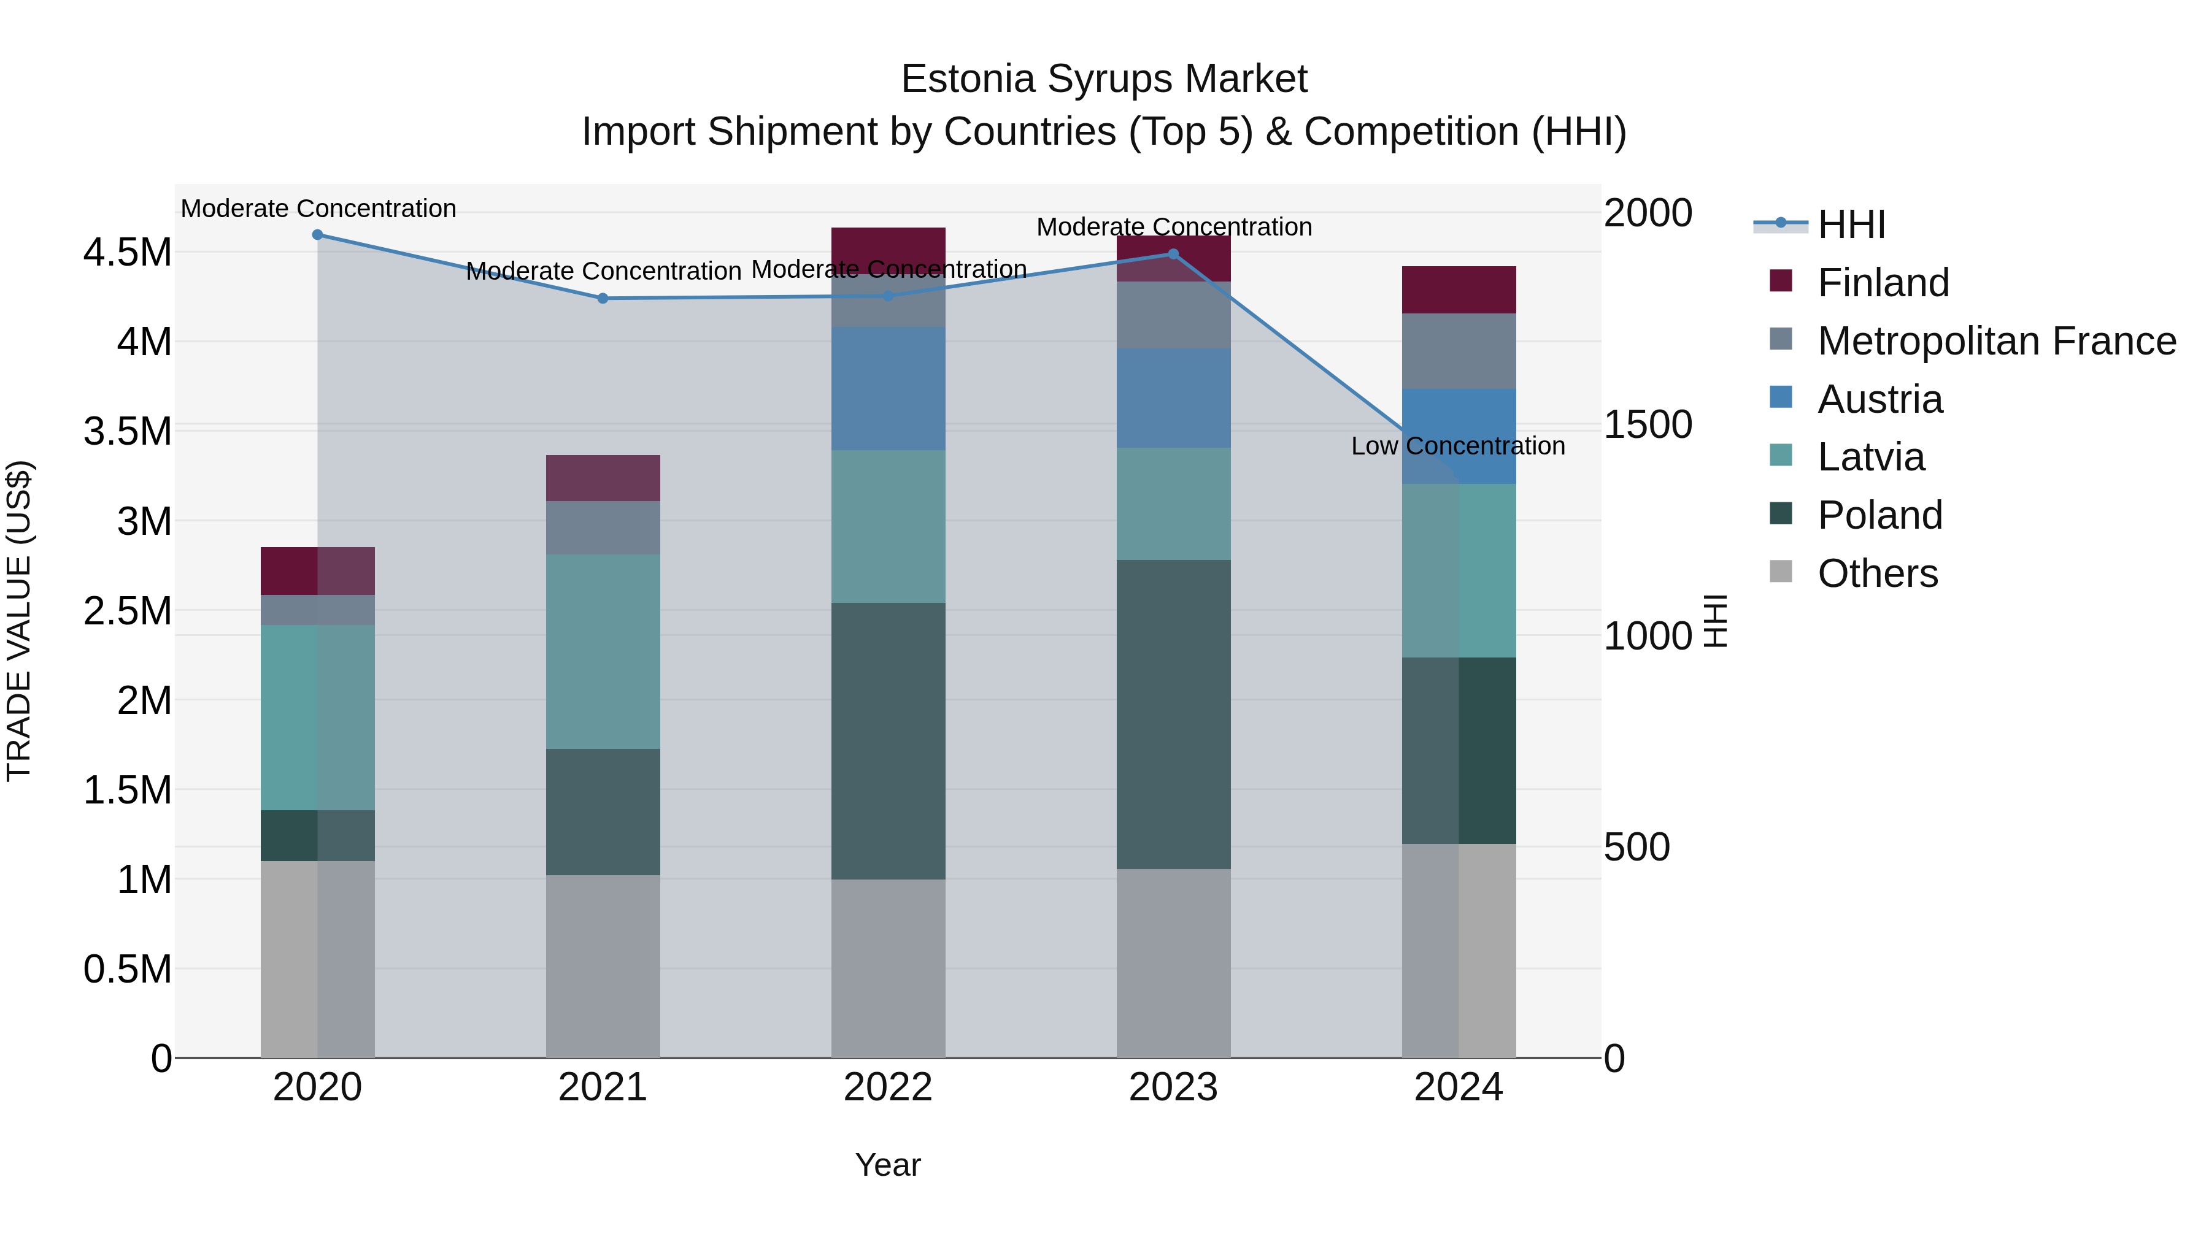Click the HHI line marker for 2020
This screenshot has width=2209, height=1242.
[x=317, y=235]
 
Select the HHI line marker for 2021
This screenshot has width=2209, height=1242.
[x=603, y=298]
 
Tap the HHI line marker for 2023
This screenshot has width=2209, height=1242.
[x=1174, y=254]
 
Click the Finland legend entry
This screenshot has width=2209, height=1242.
[x=1883, y=283]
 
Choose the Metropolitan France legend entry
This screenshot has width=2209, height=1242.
[x=1996, y=341]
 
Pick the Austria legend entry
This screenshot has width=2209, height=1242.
[x=1879, y=399]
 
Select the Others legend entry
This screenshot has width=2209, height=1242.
[x=1877, y=573]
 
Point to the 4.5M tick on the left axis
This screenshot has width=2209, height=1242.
[x=128, y=253]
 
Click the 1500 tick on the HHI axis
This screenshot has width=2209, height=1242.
[x=1648, y=424]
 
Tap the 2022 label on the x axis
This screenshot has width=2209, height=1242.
[x=887, y=1087]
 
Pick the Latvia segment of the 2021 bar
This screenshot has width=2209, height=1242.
[x=603, y=651]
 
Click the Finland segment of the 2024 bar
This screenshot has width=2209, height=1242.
[x=1459, y=289]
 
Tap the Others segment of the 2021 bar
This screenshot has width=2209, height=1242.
[x=603, y=966]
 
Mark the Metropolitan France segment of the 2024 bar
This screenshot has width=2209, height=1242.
[x=1459, y=351]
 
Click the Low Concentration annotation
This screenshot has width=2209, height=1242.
[x=1458, y=446]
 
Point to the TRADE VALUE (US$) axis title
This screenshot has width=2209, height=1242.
[x=19, y=621]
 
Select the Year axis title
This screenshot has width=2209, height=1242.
[x=887, y=1165]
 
